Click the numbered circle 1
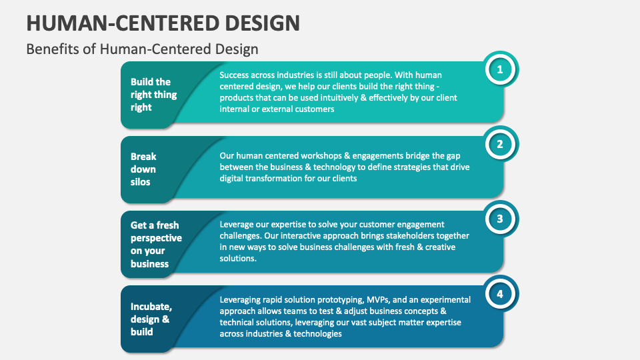pyautogui.click(x=501, y=69)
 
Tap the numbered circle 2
pyautogui.click(x=501, y=143)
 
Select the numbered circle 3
pyautogui.click(x=501, y=218)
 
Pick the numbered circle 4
pyautogui.click(x=501, y=293)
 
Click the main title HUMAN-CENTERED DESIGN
pyautogui.click(x=163, y=23)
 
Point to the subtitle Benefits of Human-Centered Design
pyautogui.click(x=142, y=49)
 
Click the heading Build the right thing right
pyautogui.click(x=154, y=95)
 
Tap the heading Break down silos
pyautogui.click(x=143, y=169)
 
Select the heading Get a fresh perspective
pyautogui.click(x=156, y=244)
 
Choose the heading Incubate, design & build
pyautogui.click(x=151, y=319)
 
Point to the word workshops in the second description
pyautogui.click(x=306, y=156)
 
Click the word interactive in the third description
pyautogui.click(x=304, y=236)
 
